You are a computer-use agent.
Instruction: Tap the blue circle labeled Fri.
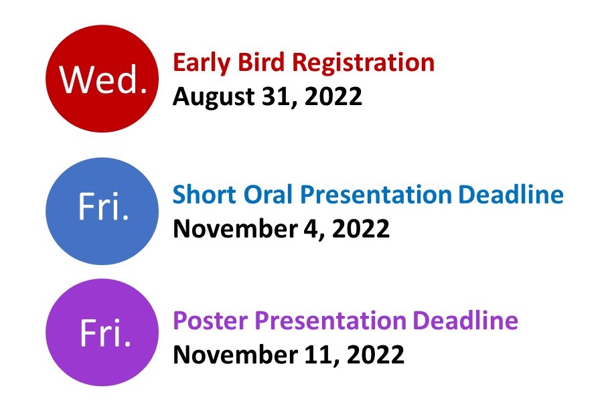coord(102,210)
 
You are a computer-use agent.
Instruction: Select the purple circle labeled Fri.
coord(102,332)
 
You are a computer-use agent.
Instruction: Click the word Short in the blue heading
coord(200,195)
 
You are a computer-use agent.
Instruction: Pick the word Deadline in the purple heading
coord(465,321)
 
